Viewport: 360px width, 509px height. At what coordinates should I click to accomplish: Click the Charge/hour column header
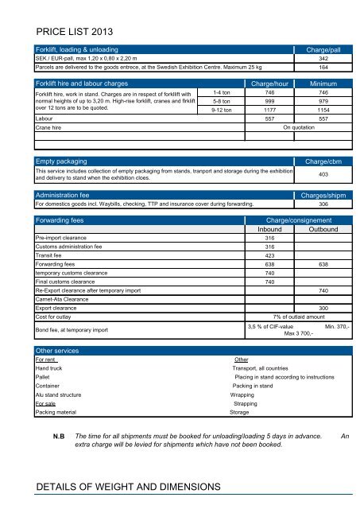tap(269, 83)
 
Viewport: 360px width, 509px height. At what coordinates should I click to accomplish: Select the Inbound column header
tap(269, 229)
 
